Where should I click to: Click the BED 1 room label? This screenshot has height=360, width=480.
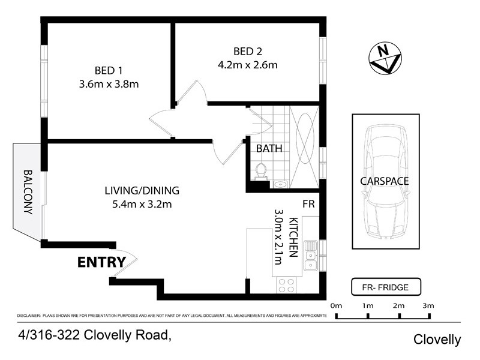pos(108,69)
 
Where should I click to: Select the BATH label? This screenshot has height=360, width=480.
pos(269,148)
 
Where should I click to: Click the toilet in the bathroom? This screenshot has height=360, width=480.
pos(261,171)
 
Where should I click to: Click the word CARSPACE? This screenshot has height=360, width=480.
pos(385,181)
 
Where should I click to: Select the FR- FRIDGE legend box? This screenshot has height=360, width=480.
pos(386,287)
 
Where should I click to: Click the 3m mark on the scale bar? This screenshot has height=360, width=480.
pos(428,306)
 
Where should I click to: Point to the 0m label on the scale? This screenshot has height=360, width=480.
pos(335,306)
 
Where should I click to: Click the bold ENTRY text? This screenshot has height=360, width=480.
pos(101,262)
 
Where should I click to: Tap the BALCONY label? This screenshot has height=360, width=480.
pos(28,192)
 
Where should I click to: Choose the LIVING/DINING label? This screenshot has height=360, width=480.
pos(142,191)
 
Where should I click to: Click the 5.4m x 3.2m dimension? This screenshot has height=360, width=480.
pos(142,205)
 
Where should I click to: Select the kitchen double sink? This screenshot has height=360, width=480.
pos(310,254)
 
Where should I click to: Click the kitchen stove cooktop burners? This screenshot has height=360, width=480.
pos(286,286)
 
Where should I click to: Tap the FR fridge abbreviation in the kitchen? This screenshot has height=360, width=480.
pos(309,205)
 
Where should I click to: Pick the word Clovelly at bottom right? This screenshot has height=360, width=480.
pos(437,340)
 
